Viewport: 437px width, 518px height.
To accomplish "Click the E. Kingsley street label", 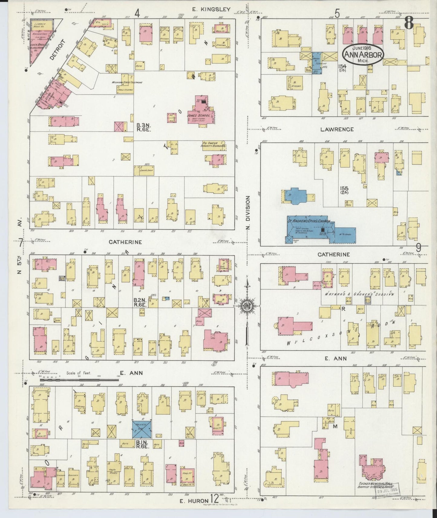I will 211,9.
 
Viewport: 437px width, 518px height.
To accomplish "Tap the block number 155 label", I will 344,189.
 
